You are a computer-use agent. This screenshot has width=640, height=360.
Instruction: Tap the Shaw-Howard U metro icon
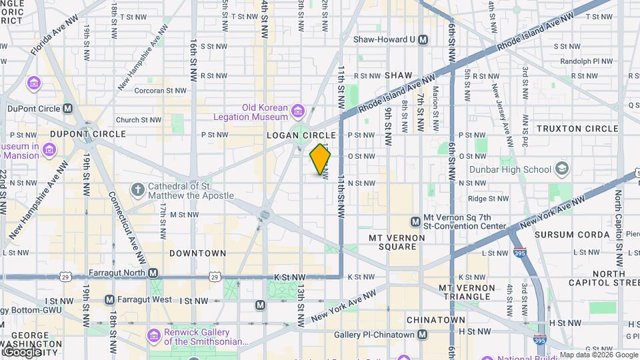pos(423,39)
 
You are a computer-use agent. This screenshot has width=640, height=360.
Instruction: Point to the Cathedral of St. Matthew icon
pos(138,191)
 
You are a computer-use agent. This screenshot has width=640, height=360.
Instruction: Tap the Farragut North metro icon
pos(153,273)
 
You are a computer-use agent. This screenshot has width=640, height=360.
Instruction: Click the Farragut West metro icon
pos(109,300)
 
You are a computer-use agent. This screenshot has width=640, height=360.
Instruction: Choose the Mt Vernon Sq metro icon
pos(415,221)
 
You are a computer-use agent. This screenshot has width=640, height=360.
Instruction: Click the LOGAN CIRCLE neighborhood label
pos(301,135)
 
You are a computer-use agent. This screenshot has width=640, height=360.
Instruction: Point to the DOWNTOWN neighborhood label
pos(197,253)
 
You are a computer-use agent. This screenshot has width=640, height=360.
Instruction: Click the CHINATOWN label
pos(435,320)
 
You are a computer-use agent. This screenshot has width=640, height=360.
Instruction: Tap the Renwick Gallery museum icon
pos(154,333)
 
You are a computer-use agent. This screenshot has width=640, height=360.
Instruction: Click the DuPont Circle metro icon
pos(68,108)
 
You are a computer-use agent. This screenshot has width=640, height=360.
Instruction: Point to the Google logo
pos(22,351)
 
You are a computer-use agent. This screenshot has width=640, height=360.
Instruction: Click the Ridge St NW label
pos(488,198)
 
